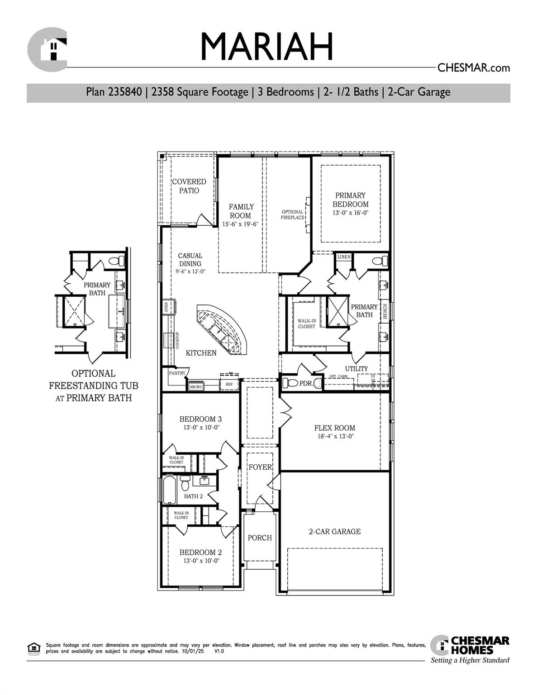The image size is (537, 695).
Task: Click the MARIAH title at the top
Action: tap(266, 47)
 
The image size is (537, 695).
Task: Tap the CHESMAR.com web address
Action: tap(473, 68)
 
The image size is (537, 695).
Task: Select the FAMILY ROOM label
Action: tap(241, 211)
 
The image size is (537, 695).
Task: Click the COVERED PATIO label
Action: tap(189, 186)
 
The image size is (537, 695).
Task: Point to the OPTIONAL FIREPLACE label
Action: tap(292, 214)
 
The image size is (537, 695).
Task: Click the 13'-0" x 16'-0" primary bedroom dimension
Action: tap(350, 213)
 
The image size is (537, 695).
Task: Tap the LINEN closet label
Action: tap(344, 257)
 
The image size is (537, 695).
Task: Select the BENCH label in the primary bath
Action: tap(385, 311)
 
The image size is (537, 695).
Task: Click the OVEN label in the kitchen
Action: tap(166, 308)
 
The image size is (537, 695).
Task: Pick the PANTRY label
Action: tap(177, 373)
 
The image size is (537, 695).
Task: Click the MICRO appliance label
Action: tap(196, 387)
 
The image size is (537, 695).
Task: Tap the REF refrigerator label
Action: tap(229, 385)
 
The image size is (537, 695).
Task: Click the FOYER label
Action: tap(260, 467)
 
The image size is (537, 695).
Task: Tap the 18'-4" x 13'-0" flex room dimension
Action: tap(335, 437)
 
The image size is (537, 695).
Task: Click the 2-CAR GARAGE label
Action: tap(335, 532)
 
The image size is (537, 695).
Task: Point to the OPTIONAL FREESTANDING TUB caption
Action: tap(93, 386)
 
